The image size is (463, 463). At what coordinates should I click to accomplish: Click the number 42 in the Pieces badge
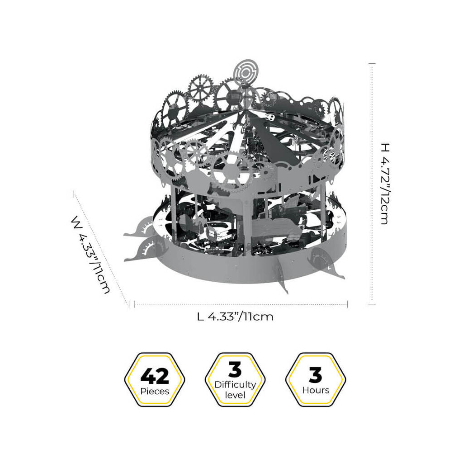click(x=155, y=376)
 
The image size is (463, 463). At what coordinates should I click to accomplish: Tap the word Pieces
click(x=155, y=391)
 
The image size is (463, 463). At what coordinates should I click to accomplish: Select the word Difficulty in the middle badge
click(x=235, y=385)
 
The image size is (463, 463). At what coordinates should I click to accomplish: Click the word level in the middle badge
click(x=235, y=395)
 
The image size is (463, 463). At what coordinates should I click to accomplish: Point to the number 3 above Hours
click(x=315, y=375)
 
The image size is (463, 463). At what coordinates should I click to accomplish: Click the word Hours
click(x=316, y=390)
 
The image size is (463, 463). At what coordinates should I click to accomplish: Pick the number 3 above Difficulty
click(x=235, y=369)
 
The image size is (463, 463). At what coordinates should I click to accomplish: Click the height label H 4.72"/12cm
click(x=385, y=184)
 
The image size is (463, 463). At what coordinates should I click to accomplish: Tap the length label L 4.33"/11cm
click(x=235, y=317)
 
